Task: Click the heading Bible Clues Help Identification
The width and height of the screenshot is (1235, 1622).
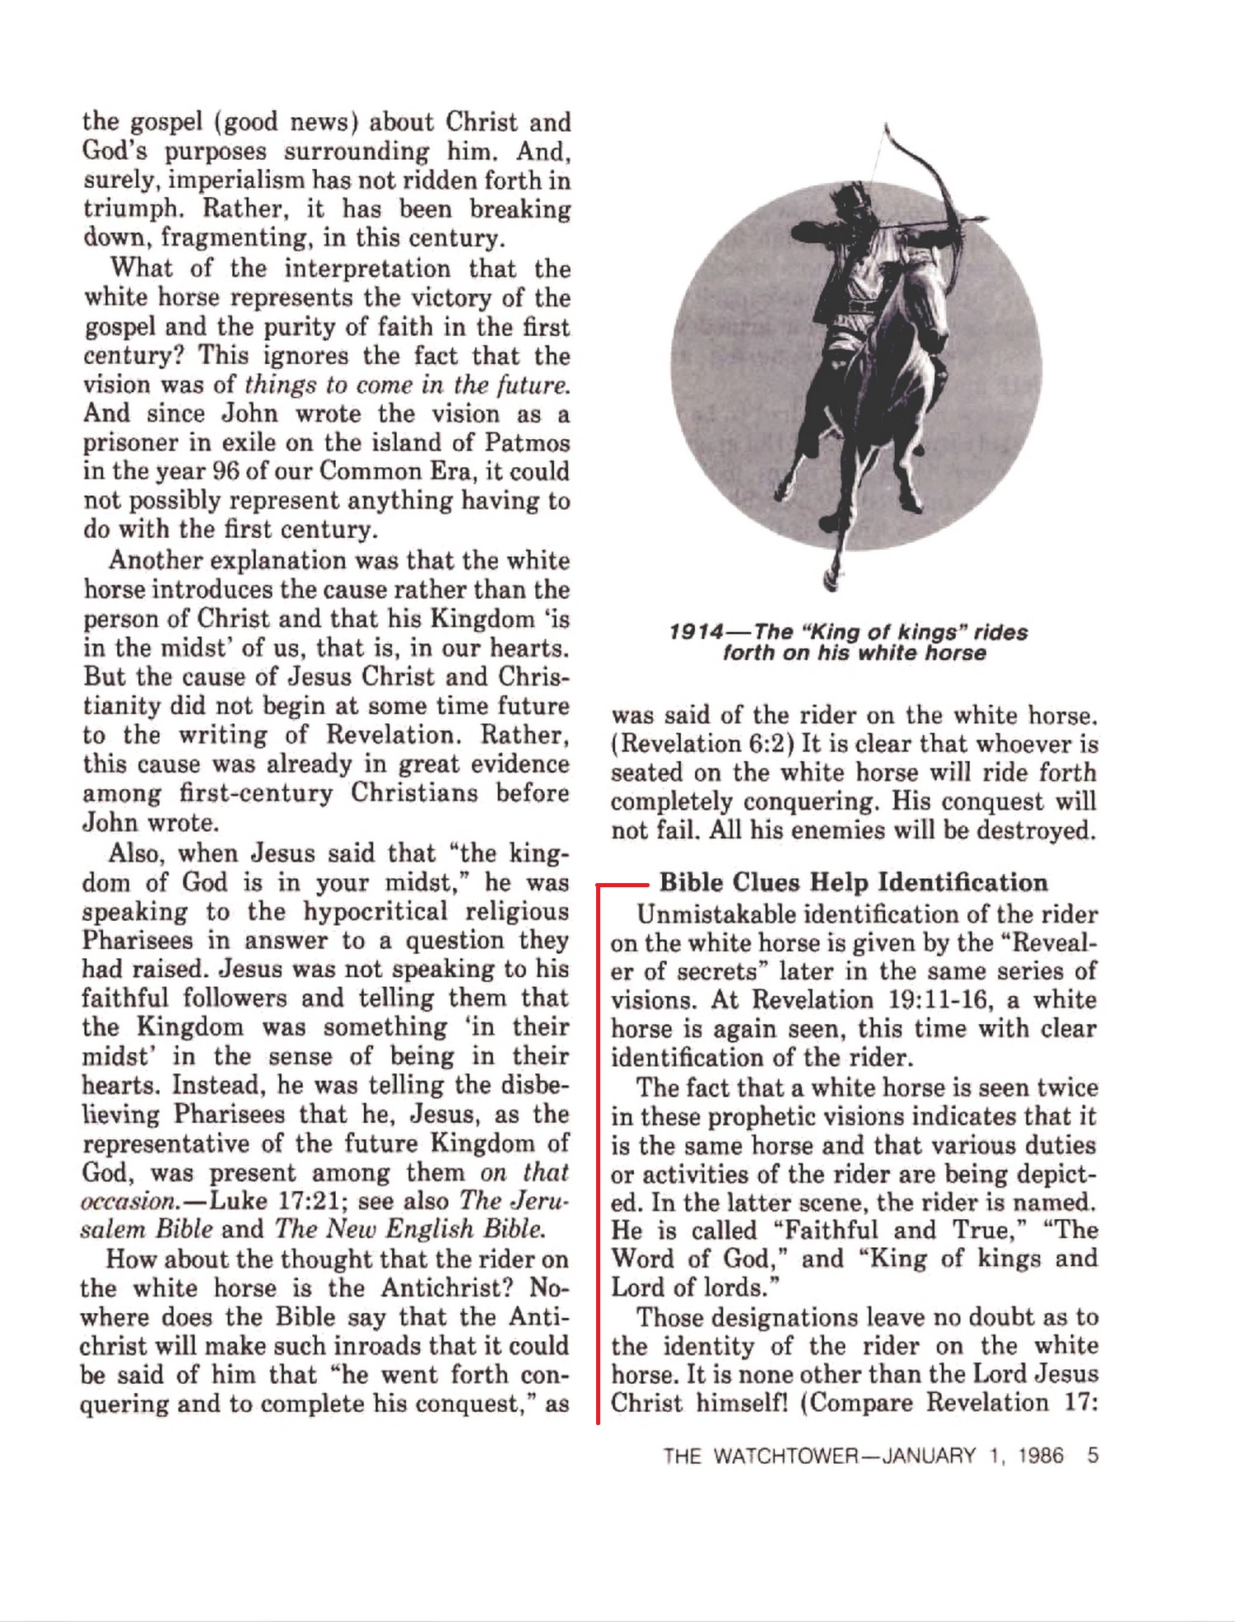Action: click(853, 882)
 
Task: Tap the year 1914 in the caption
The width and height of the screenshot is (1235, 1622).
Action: click(696, 633)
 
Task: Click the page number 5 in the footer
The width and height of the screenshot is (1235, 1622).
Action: click(1093, 1456)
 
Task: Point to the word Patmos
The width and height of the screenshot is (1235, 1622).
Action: click(527, 442)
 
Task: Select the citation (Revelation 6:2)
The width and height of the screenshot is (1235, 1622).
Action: click(702, 744)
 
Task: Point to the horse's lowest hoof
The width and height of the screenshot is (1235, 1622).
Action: click(830, 582)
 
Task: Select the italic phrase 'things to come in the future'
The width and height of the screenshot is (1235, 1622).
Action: click(407, 385)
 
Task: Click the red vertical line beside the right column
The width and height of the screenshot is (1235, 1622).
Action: click(599, 1153)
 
